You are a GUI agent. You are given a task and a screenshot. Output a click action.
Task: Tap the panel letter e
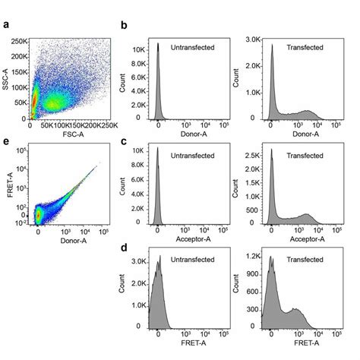pyautogui.click(x=6, y=141)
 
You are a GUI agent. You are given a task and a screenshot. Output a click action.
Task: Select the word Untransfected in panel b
pyautogui.click(x=194, y=47)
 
